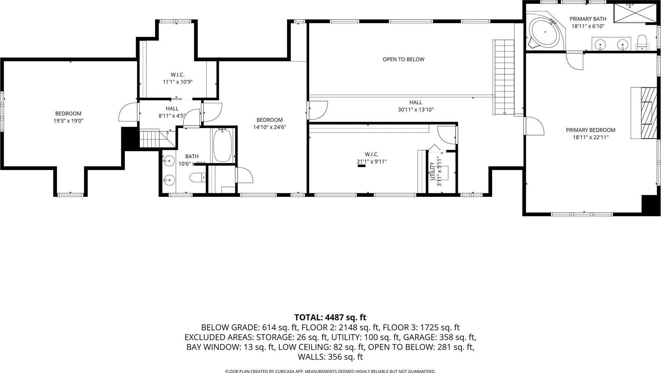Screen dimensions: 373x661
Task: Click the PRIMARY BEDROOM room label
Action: pyautogui.click(x=590, y=130)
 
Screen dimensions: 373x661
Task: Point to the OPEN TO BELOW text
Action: pyautogui.click(x=404, y=59)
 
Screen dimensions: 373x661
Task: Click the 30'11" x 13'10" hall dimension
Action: pyautogui.click(x=416, y=110)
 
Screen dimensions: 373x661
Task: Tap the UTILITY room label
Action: pyautogui.click(x=432, y=171)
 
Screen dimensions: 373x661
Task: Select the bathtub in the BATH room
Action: pyautogui.click(x=222, y=145)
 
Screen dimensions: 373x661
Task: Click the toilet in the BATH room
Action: pyautogui.click(x=197, y=177)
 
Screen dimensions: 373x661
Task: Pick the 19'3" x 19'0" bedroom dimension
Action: pyautogui.click(x=68, y=121)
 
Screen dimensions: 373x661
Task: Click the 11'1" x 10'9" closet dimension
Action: pyautogui.click(x=177, y=82)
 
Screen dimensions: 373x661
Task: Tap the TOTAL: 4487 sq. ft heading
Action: pyautogui.click(x=330, y=317)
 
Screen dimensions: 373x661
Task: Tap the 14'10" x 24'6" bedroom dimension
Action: pyautogui.click(x=269, y=127)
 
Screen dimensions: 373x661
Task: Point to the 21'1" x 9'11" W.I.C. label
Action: pyautogui.click(x=371, y=162)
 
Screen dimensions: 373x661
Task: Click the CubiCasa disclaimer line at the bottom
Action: pyautogui.click(x=330, y=371)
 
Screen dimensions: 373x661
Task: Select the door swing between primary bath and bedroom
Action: pyautogui.click(x=575, y=61)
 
